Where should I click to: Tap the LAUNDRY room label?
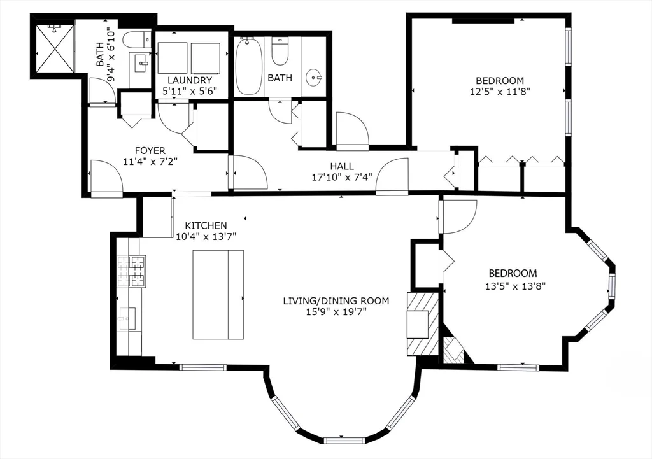189,80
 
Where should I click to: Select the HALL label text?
341,167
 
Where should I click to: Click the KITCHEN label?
206,225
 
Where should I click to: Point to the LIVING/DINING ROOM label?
336,300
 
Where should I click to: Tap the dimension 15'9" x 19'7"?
336,312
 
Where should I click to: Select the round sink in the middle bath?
313,78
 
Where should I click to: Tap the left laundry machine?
173,58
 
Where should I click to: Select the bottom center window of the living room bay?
344,439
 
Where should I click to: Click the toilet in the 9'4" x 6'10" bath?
136,39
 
